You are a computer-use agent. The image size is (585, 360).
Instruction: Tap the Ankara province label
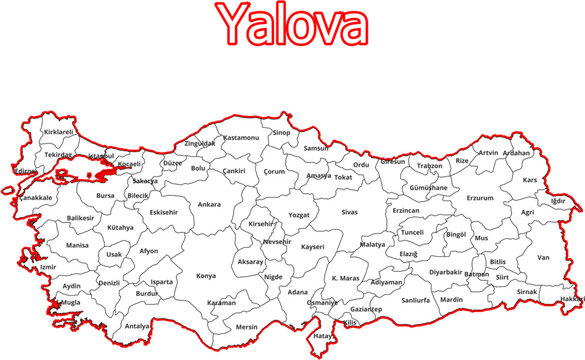click(209, 205)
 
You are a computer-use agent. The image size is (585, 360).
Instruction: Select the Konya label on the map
click(206, 275)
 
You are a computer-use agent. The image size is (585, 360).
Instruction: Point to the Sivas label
click(349, 212)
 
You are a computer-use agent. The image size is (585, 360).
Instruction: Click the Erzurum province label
click(481, 198)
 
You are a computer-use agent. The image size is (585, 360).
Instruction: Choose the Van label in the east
click(544, 257)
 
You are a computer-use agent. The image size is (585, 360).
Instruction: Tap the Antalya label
click(138, 326)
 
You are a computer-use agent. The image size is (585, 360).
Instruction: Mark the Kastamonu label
click(241, 137)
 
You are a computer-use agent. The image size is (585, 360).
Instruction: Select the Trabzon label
click(429, 166)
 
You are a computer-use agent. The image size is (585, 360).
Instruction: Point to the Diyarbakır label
click(446, 271)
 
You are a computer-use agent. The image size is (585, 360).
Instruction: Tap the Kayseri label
click(313, 245)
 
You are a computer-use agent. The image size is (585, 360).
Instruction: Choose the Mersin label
click(246, 326)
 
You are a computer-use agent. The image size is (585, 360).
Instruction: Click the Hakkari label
click(571, 299)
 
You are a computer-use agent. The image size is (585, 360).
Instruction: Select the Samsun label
click(316, 148)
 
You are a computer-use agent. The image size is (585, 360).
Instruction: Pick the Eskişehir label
click(163, 212)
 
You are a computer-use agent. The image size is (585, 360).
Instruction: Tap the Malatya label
click(372, 244)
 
